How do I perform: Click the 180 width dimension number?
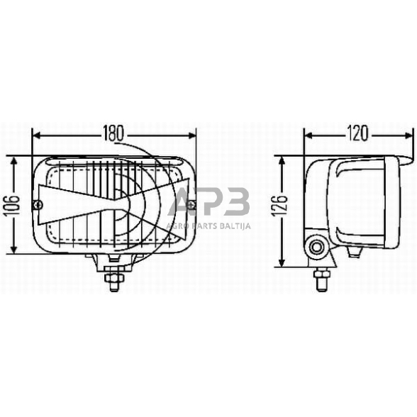pos(113,133)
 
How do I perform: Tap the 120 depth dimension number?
pos(359,133)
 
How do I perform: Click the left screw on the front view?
pos(38,206)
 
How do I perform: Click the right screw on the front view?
pos(191,206)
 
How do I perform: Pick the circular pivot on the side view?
pos(317,248)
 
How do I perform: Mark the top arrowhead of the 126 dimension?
pos(283,160)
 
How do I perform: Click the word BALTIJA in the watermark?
pos(233,226)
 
